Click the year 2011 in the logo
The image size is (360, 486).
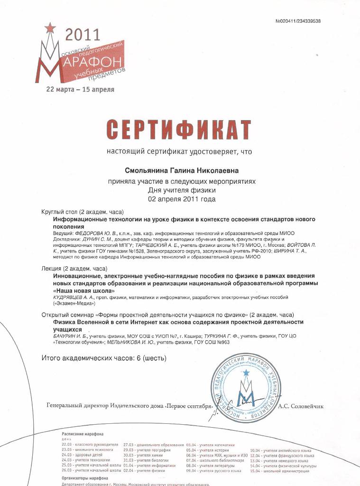point(83,34)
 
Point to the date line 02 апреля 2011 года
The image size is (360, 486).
point(182,199)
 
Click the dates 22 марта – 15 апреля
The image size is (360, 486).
point(80,89)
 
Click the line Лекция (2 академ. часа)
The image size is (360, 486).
point(76,268)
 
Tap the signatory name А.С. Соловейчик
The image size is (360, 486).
point(300,406)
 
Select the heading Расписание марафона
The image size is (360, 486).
point(83,434)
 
